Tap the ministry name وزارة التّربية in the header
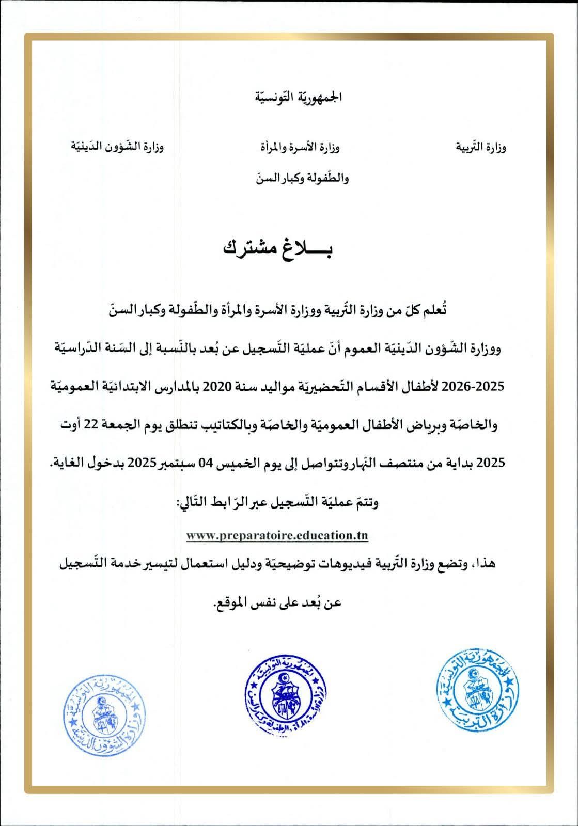coord(480,148)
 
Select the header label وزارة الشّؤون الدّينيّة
coord(117,147)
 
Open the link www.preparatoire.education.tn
coord(277,535)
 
